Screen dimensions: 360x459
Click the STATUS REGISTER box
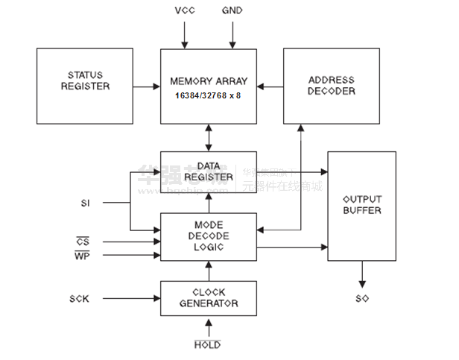pyautogui.click(x=85, y=86)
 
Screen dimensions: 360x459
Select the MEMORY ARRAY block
pyautogui.click(x=209, y=86)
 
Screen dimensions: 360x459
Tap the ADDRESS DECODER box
pyautogui.click(x=331, y=86)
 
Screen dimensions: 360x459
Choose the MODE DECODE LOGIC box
pyautogui.click(x=209, y=236)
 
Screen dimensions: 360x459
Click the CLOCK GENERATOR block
pyautogui.click(x=209, y=298)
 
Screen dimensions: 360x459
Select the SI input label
pyautogui.click(x=85, y=202)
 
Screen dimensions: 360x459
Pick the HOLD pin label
pyautogui.click(x=207, y=345)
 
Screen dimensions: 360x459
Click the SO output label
pyautogui.click(x=362, y=299)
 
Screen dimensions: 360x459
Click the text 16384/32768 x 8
pyautogui.click(x=208, y=97)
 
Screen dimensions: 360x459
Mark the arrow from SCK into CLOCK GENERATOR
pyautogui.click(x=131, y=299)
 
